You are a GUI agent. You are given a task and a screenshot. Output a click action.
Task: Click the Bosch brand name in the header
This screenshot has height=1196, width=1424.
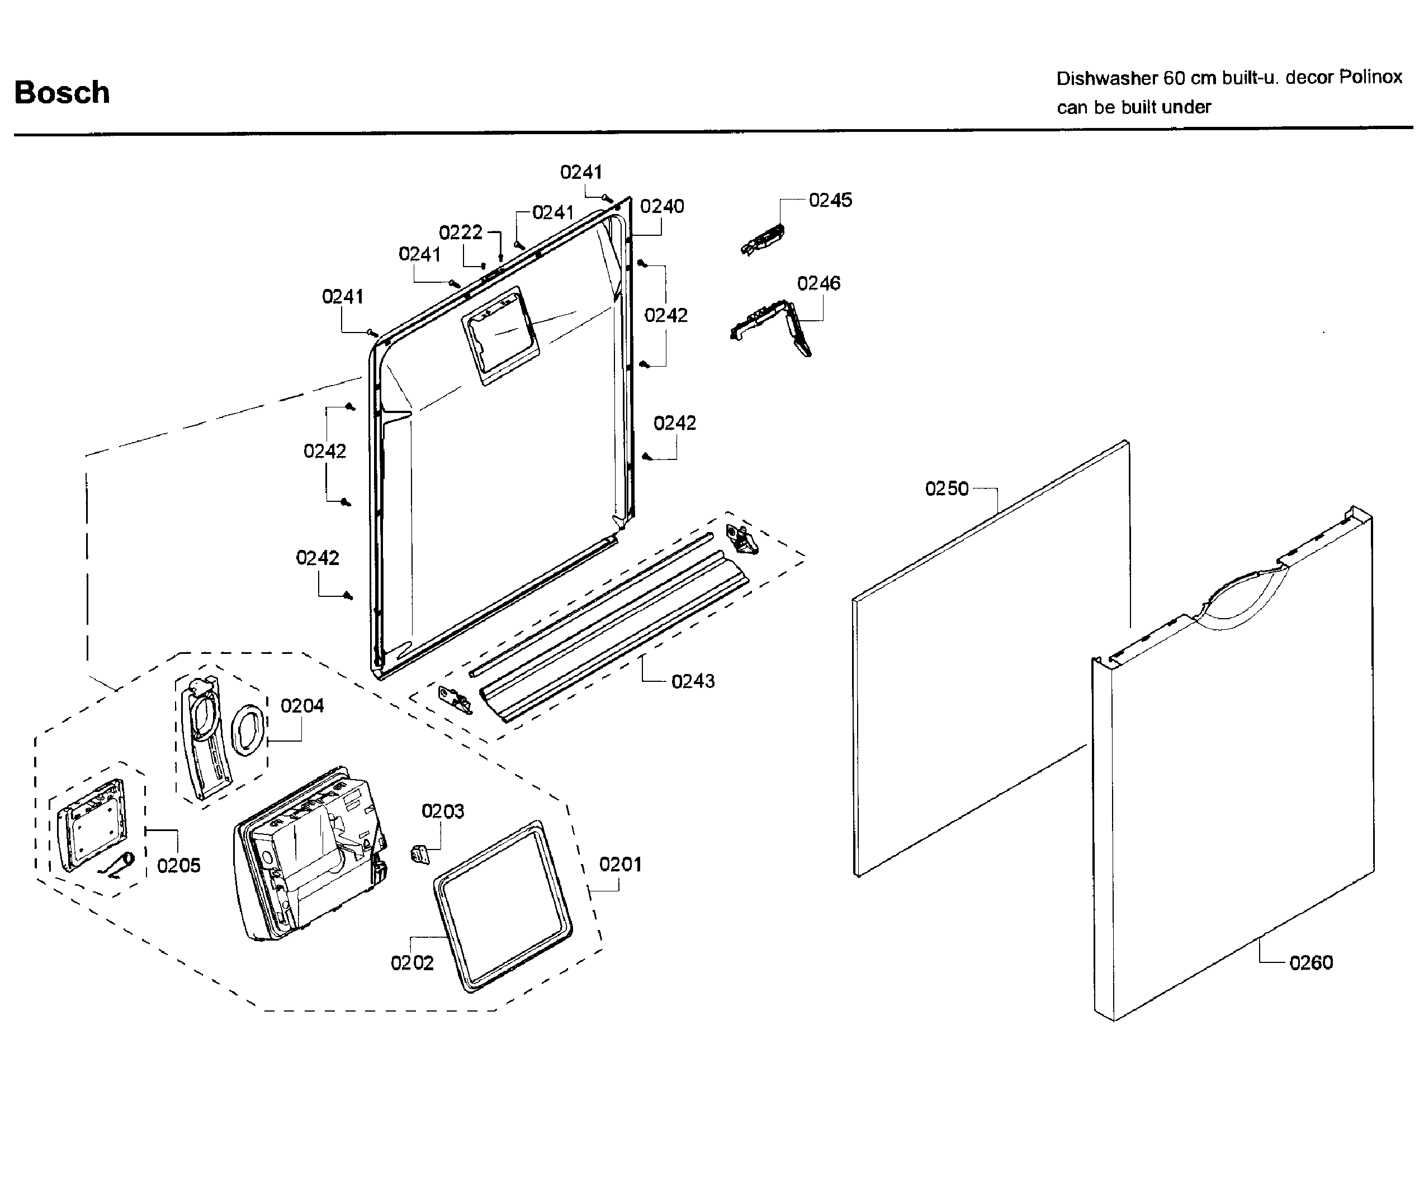(x=61, y=92)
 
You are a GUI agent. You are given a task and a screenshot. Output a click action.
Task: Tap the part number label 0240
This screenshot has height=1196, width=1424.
(x=662, y=206)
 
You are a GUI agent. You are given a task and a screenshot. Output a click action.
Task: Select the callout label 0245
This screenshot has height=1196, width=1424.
(x=830, y=200)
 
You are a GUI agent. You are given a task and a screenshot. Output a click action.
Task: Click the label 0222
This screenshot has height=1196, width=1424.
(x=461, y=232)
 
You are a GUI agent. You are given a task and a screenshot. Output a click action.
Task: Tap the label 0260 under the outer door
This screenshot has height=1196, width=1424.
(x=1311, y=963)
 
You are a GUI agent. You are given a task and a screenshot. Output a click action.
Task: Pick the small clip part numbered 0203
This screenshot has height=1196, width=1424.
(x=420, y=855)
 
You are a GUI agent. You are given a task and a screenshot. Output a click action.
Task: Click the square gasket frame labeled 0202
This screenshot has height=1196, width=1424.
(x=503, y=905)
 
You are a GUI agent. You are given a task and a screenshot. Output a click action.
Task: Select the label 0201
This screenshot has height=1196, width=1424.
(x=620, y=865)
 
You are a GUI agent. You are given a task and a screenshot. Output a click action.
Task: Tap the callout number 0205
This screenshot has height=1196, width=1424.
(x=178, y=866)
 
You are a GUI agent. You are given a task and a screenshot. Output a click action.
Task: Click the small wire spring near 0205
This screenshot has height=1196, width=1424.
(x=119, y=865)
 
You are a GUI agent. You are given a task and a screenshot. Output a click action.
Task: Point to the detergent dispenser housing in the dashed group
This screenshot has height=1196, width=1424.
(x=309, y=855)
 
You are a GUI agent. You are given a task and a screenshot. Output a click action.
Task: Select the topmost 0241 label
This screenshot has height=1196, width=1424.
(x=580, y=172)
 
